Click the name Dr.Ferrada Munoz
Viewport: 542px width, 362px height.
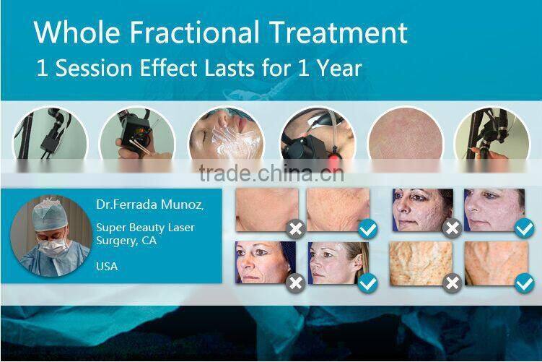pos(149,205)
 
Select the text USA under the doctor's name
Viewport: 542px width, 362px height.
pos(107,266)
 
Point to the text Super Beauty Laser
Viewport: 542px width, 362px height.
pos(145,228)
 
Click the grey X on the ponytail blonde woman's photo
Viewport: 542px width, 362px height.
pos(295,283)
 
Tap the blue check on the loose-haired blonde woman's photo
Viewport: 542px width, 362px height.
pos(368,283)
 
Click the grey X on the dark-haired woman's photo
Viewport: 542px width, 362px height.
pos(452,229)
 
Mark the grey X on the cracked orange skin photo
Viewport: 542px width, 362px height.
pos(452,283)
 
